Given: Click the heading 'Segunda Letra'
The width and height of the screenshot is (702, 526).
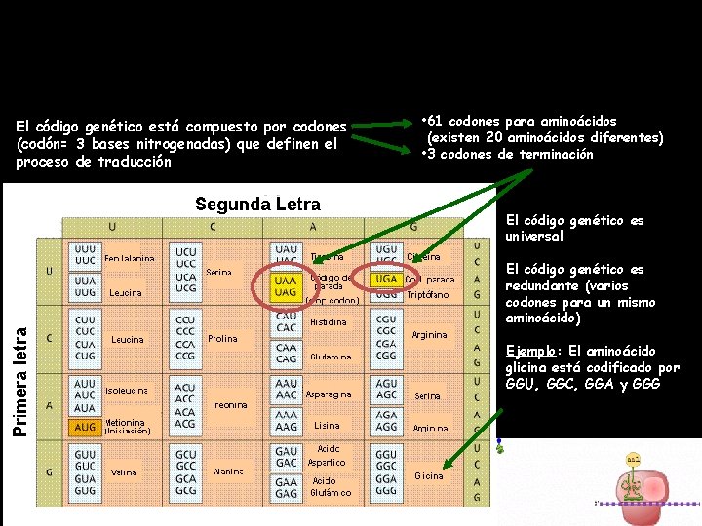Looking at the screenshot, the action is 257,205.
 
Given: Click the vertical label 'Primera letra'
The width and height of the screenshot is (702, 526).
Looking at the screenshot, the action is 20,368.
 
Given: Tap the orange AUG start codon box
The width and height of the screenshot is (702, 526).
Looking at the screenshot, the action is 85,427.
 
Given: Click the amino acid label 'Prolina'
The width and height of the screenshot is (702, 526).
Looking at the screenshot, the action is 223,339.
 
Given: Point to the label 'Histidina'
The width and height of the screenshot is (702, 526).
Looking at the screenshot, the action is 328,322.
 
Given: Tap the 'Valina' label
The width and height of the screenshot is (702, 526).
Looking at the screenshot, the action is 124,472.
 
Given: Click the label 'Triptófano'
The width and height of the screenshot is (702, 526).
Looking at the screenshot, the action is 430,294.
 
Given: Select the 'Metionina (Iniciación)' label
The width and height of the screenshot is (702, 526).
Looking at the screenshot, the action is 127,426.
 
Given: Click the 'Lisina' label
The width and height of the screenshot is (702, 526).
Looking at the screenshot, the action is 328,426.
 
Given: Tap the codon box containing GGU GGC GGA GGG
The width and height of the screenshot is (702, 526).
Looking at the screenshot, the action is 387,473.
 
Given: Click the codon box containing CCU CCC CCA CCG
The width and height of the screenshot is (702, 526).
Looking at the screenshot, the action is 185,337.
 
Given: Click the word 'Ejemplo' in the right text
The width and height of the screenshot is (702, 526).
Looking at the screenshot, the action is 532,351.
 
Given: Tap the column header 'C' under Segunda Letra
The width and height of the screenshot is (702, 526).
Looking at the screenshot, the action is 213,226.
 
